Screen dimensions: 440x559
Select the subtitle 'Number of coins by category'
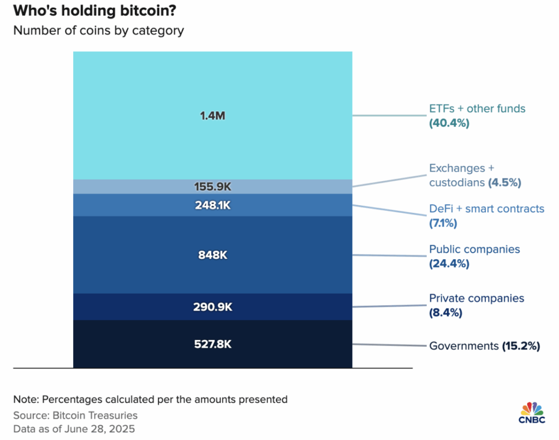pos(98,30)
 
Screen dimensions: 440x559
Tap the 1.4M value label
pos(213,116)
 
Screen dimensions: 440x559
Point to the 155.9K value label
pos(213,187)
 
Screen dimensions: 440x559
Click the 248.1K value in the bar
pos(213,205)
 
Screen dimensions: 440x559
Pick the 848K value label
pos(213,255)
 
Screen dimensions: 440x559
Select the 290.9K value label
pos(213,307)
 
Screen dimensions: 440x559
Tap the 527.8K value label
pos(213,344)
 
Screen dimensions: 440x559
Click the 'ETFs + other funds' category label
pos(477,109)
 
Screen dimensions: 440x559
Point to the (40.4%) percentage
pos(449,123)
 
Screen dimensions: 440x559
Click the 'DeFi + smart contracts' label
pos(486,209)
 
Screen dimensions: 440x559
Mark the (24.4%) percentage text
pos(449,264)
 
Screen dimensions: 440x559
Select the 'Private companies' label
pos(477,298)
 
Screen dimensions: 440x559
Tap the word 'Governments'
pos(463,346)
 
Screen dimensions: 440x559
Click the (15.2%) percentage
pos(521,346)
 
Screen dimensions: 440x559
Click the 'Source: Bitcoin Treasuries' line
pos(75,415)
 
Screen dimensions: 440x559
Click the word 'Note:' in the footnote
pos(26,399)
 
